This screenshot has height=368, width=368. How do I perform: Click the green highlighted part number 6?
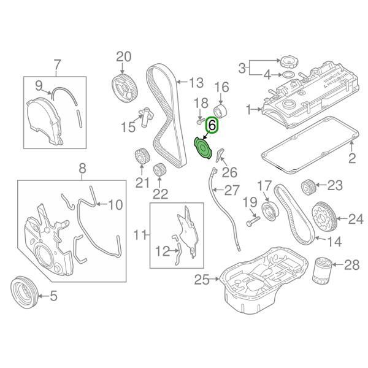[x=213, y=125]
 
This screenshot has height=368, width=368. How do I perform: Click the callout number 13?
[x=195, y=82]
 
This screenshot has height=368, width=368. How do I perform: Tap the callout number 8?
[x=82, y=166]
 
